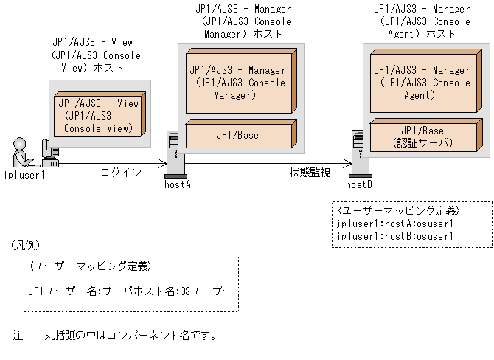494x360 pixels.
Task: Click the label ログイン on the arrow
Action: point(121,173)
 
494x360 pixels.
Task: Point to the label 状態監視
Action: point(310,173)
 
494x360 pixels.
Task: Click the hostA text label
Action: point(177,184)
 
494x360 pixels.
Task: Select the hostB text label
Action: point(359,184)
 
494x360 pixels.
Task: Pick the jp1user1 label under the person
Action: point(24,175)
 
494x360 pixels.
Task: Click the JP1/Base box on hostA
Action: point(237,135)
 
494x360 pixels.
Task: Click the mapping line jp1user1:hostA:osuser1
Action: point(394,224)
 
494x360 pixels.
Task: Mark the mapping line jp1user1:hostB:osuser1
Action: point(394,236)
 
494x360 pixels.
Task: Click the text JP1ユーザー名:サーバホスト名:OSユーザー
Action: point(130,291)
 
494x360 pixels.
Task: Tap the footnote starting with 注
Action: point(114,336)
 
